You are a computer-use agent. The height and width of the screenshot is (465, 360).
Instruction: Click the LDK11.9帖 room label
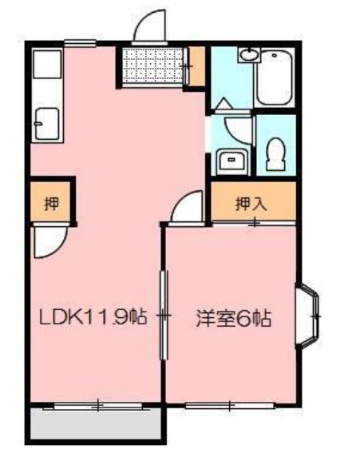[x=92, y=317]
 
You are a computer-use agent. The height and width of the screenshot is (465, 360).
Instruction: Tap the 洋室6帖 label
[x=234, y=319]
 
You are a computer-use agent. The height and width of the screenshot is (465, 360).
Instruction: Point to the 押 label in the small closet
[x=48, y=202]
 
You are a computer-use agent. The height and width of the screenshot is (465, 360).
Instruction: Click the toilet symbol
[x=276, y=152]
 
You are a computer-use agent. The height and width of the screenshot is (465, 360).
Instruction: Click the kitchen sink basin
[x=45, y=123]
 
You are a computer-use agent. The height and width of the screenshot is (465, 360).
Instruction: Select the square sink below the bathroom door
[x=232, y=159]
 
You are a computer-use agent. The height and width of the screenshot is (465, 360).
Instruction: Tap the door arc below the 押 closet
[x=46, y=241]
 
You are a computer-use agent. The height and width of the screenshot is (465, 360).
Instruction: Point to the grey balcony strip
[x=94, y=424]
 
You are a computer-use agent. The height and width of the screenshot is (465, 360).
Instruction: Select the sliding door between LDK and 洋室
[x=164, y=316]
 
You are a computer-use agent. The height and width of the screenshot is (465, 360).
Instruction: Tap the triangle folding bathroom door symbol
[x=224, y=104]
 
